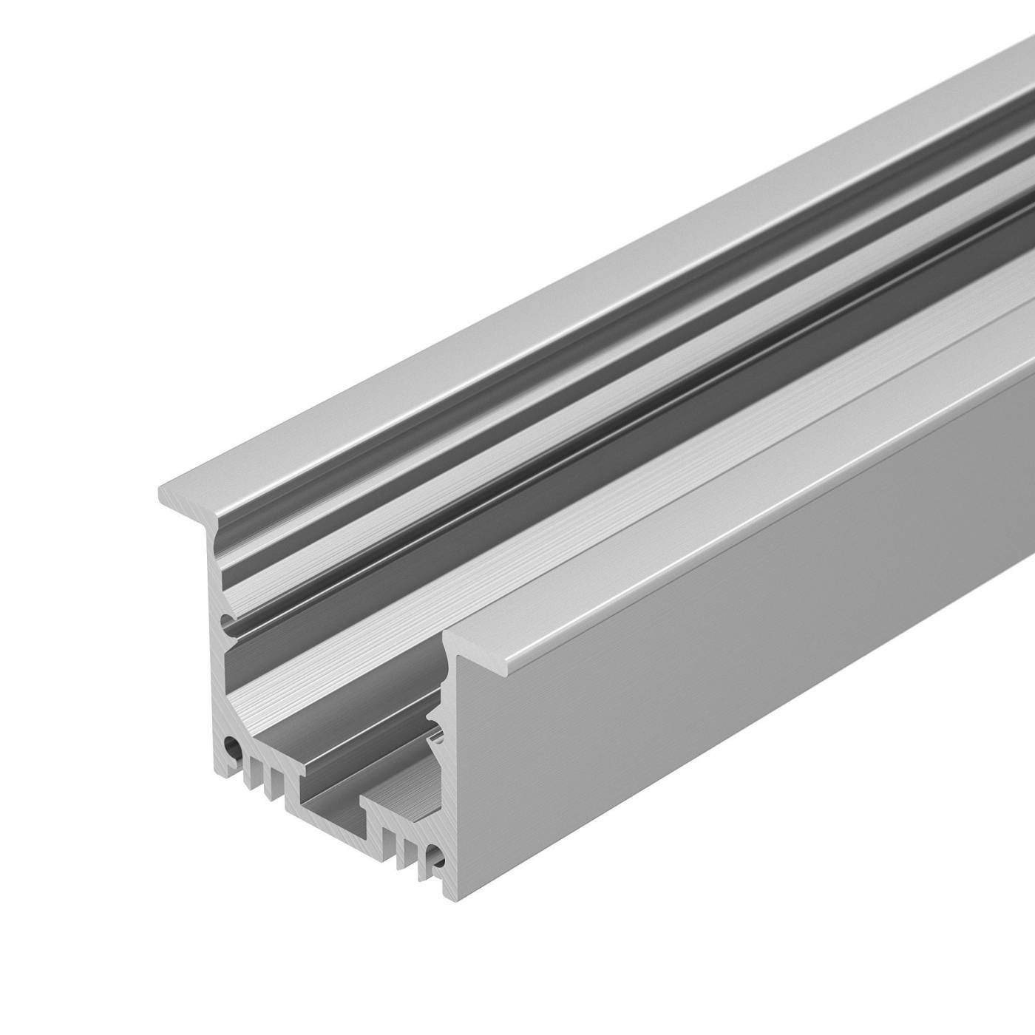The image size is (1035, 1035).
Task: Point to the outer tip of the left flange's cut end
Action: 161,491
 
